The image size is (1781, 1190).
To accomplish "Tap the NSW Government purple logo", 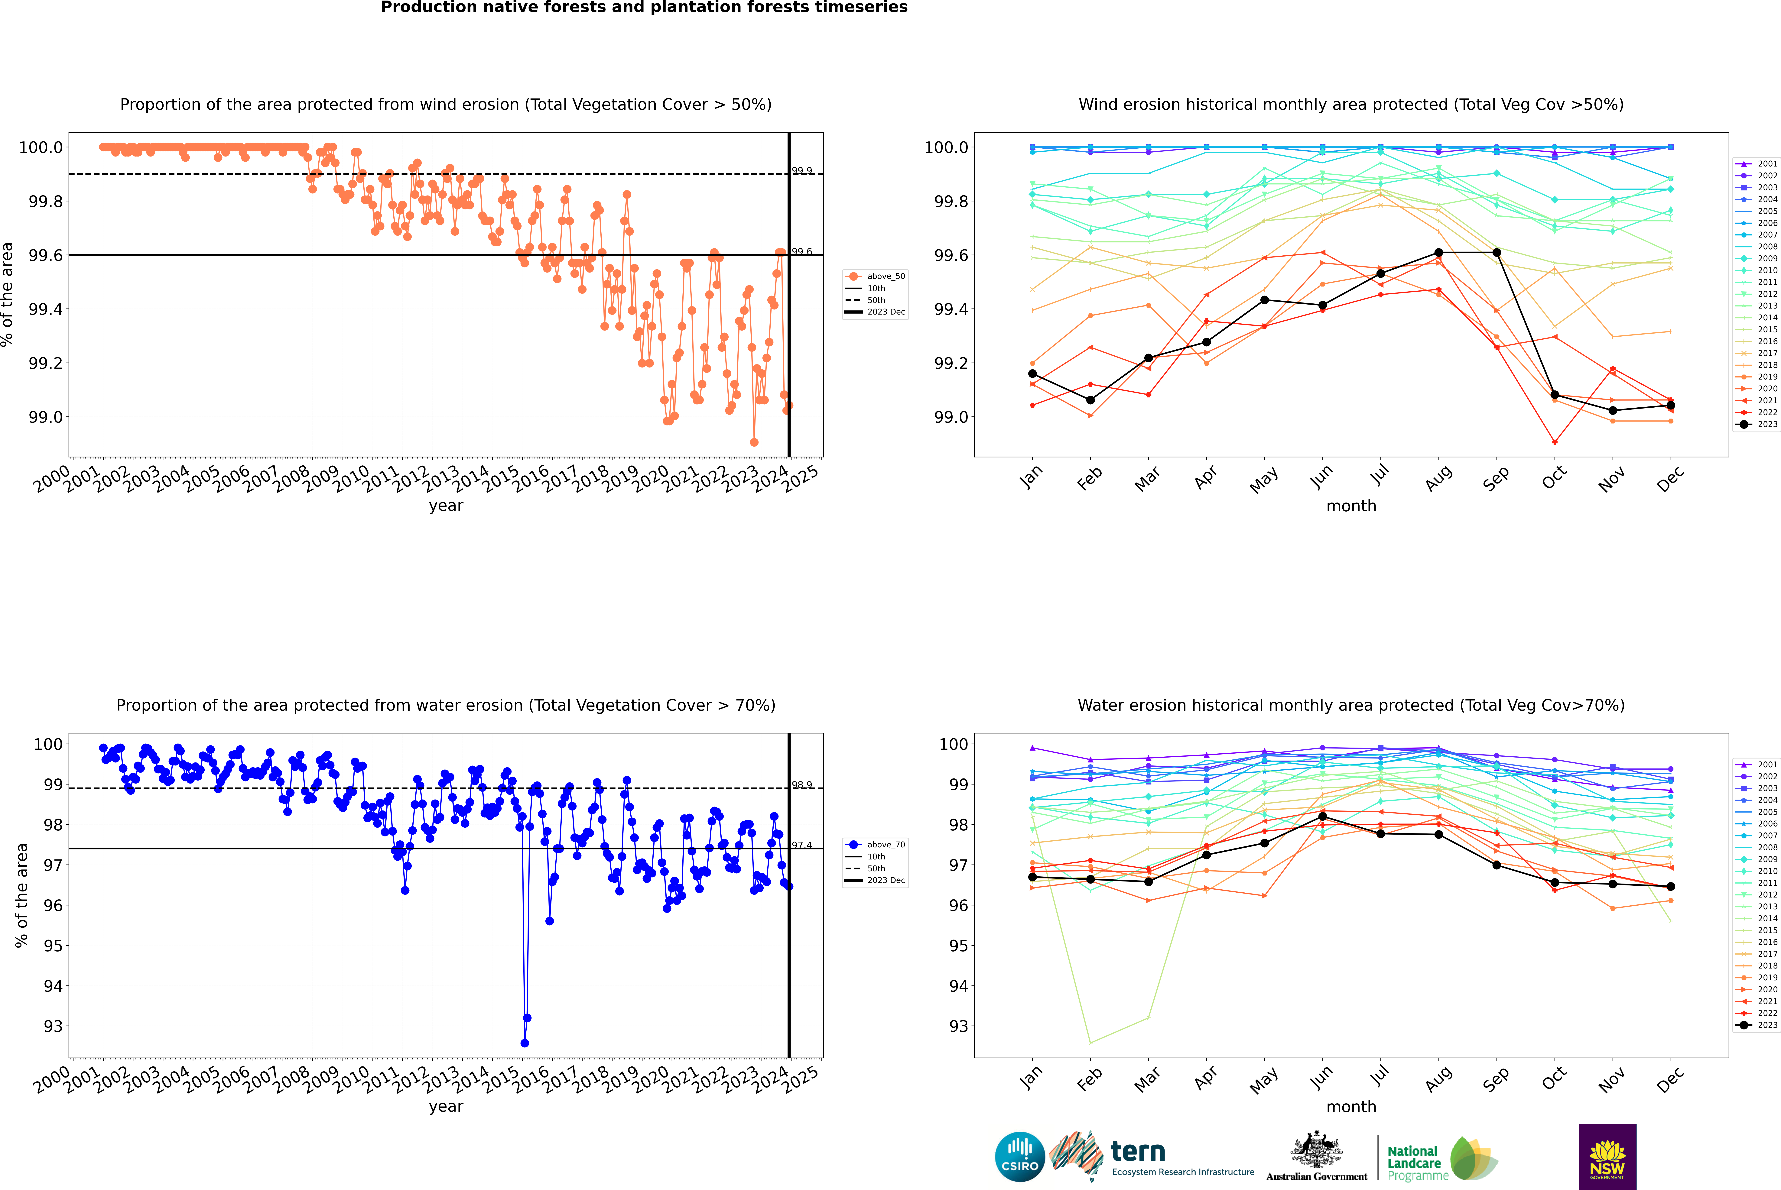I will click(x=1607, y=1156).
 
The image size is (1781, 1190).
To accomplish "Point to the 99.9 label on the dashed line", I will click(x=802, y=171).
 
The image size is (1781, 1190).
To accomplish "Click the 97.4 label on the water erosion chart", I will click(x=802, y=845).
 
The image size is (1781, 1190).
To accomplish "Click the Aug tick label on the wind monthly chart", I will click(x=1439, y=478).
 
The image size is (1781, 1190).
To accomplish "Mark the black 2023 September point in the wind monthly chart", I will click(x=1496, y=253).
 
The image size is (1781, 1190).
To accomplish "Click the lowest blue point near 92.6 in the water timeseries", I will click(x=525, y=1043).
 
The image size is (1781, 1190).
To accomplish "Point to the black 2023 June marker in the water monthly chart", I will click(x=1322, y=816).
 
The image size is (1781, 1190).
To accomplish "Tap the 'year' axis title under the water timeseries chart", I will click(x=446, y=1107).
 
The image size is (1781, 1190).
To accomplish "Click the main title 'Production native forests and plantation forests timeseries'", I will click(x=644, y=8).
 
